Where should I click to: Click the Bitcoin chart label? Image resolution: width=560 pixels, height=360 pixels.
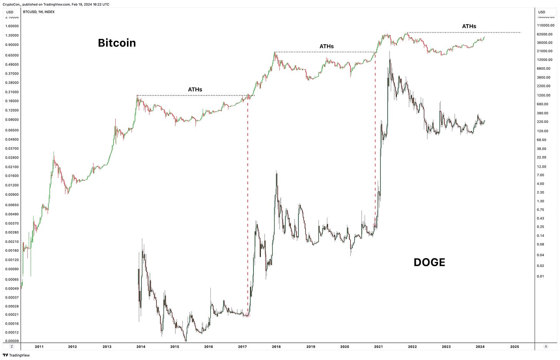click(117, 43)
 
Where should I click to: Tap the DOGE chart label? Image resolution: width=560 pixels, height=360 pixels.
click(429, 262)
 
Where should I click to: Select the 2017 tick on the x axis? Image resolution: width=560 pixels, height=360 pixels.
click(242, 347)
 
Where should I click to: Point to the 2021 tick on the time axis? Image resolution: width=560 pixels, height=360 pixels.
click(378, 347)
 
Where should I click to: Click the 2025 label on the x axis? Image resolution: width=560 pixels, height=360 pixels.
click(515, 347)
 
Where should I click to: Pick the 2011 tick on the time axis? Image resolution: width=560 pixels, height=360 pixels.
click(39, 347)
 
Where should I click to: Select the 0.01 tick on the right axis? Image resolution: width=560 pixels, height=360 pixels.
click(540, 276)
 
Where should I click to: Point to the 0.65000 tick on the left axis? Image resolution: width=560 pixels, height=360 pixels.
click(12, 55)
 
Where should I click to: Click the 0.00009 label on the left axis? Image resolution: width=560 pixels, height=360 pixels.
click(12, 341)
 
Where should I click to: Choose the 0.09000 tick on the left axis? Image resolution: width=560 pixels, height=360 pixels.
click(12, 120)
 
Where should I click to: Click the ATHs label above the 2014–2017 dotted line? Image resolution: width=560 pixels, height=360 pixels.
click(195, 90)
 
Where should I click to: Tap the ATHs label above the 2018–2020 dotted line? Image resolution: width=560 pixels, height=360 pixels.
click(327, 47)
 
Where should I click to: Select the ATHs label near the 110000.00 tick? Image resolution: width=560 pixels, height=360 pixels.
click(469, 26)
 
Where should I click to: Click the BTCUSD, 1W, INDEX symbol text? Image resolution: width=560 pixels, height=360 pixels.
click(39, 12)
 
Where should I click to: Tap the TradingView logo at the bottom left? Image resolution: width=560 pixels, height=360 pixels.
click(16, 355)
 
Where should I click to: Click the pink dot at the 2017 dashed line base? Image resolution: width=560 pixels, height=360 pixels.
click(248, 315)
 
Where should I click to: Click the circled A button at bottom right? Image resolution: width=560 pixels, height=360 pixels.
click(546, 347)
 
